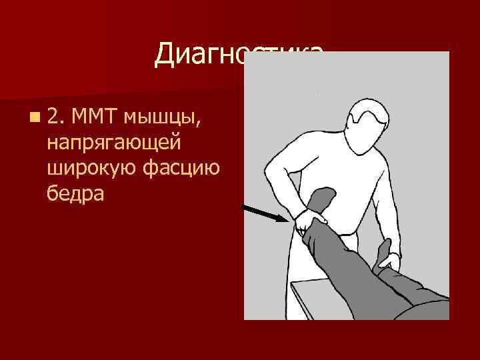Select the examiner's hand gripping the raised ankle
(310, 221)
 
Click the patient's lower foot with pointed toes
(385, 254)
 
